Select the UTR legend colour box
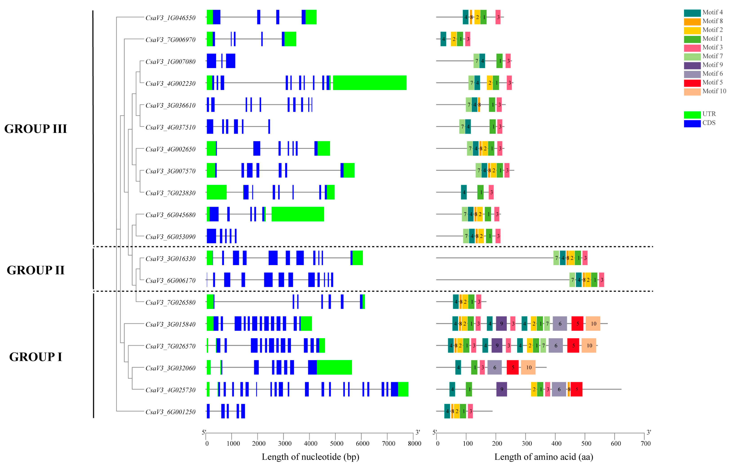[692, 115]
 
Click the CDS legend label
[709, 123]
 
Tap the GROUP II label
[36, 270]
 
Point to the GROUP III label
[36, 129]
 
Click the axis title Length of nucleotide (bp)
[310, 457]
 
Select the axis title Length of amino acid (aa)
[544, 457]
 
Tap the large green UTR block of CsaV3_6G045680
[297, 214]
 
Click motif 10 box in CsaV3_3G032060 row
[528, 368]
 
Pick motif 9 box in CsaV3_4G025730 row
[501, 389]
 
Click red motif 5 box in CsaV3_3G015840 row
[577, 324]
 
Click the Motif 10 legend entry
[714, 91]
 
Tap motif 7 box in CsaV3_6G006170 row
[572, 280]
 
